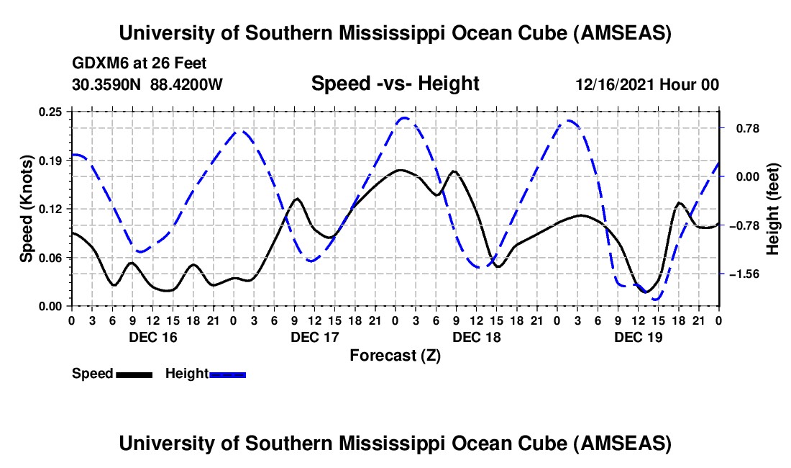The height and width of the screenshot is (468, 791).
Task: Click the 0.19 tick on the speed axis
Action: tap(52, 161)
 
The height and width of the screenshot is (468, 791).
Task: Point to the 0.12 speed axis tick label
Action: tap(52, 209)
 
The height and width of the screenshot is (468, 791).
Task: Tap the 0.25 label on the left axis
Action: tap(52, 112)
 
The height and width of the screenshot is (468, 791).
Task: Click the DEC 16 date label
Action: tap(153, 337)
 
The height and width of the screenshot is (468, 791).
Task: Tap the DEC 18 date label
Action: tap(477, 337)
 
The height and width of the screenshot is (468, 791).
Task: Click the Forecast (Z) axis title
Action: tap(395, 355)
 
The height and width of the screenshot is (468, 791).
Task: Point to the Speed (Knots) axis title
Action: tap(27, 209)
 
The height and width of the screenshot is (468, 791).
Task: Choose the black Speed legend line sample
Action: tap(134, 374)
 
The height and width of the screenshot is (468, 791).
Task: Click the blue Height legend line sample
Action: tap(227, 374)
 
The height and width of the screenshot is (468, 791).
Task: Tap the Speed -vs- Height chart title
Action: tap(395, 84)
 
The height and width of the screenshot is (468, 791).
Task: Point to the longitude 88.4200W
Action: tap(187, 84)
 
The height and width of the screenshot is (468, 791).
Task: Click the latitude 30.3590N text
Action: tap(108, 84)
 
